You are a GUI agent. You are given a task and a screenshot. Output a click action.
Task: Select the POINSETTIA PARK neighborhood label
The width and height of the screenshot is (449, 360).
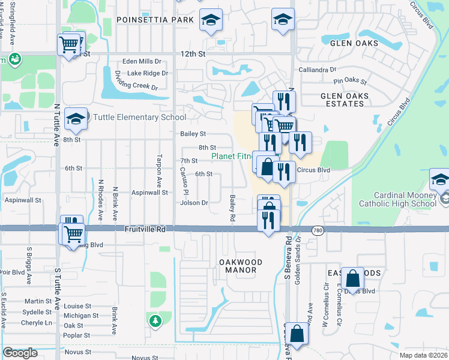pyautogui.click(x=155, y=20)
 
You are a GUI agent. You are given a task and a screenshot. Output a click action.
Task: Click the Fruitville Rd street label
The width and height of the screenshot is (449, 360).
pyautogui.click(x=145, y=229)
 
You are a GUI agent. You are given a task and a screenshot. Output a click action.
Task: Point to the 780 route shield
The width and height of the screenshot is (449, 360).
pyautogui.click(x=318, y=230)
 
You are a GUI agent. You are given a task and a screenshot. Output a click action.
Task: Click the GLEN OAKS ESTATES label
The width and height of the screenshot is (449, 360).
pyautogui.click(x=348, y=100)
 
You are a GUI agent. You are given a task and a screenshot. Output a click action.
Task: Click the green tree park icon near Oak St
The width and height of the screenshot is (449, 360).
pyautogui.click(x=155, y=322)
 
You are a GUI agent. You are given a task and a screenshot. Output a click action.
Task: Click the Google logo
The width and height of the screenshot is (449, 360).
pyautogui.click(x=20, y=352)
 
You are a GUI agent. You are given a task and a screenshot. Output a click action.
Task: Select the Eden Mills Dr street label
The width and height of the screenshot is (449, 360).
pyautogui.click(x=142, y=61)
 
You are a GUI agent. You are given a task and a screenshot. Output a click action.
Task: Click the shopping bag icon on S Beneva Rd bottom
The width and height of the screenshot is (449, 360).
pyautogui.click(x=297, y=334)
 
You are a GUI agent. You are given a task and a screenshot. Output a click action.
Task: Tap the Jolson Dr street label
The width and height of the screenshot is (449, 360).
pyautogui.click(x=194, y=203)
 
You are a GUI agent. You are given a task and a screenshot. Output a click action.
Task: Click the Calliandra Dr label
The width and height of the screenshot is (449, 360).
pyautogui.click(x=318, y=70)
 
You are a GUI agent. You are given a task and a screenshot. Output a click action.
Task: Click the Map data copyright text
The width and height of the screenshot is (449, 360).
pyautogui.click(x=424, y=355)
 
